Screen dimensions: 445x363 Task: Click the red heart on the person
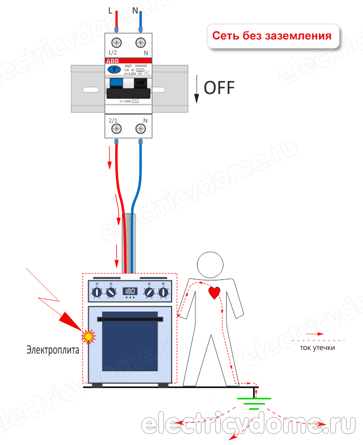[215, 292]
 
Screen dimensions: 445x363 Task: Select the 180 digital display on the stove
[130, 291]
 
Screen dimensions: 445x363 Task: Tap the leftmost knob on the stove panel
[96, 293]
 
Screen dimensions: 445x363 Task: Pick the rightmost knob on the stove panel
[164, 293]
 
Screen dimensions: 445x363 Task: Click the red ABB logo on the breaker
[112, 61]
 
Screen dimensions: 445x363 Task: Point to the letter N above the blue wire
[136, 10]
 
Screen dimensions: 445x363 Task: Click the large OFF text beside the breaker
[219, 88]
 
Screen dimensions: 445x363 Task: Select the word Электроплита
[53, 349]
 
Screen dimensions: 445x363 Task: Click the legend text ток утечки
[317, 347]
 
